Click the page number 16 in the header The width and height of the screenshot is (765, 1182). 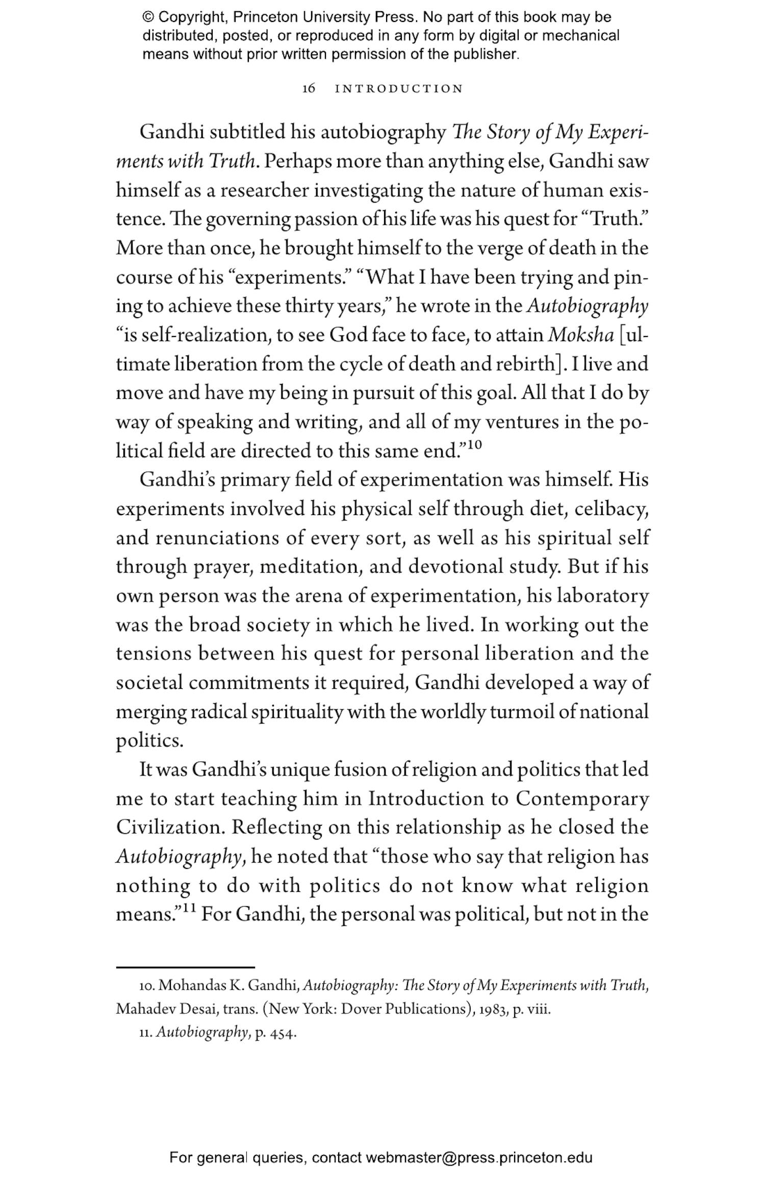(309, 89)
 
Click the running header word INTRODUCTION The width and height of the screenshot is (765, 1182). (398, 89)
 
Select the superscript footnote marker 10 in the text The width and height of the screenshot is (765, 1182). (474, 445)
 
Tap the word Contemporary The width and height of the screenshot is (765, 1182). (582, 799)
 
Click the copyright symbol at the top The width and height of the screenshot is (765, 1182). (148, 17)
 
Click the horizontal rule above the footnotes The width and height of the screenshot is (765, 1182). (185, 967)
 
